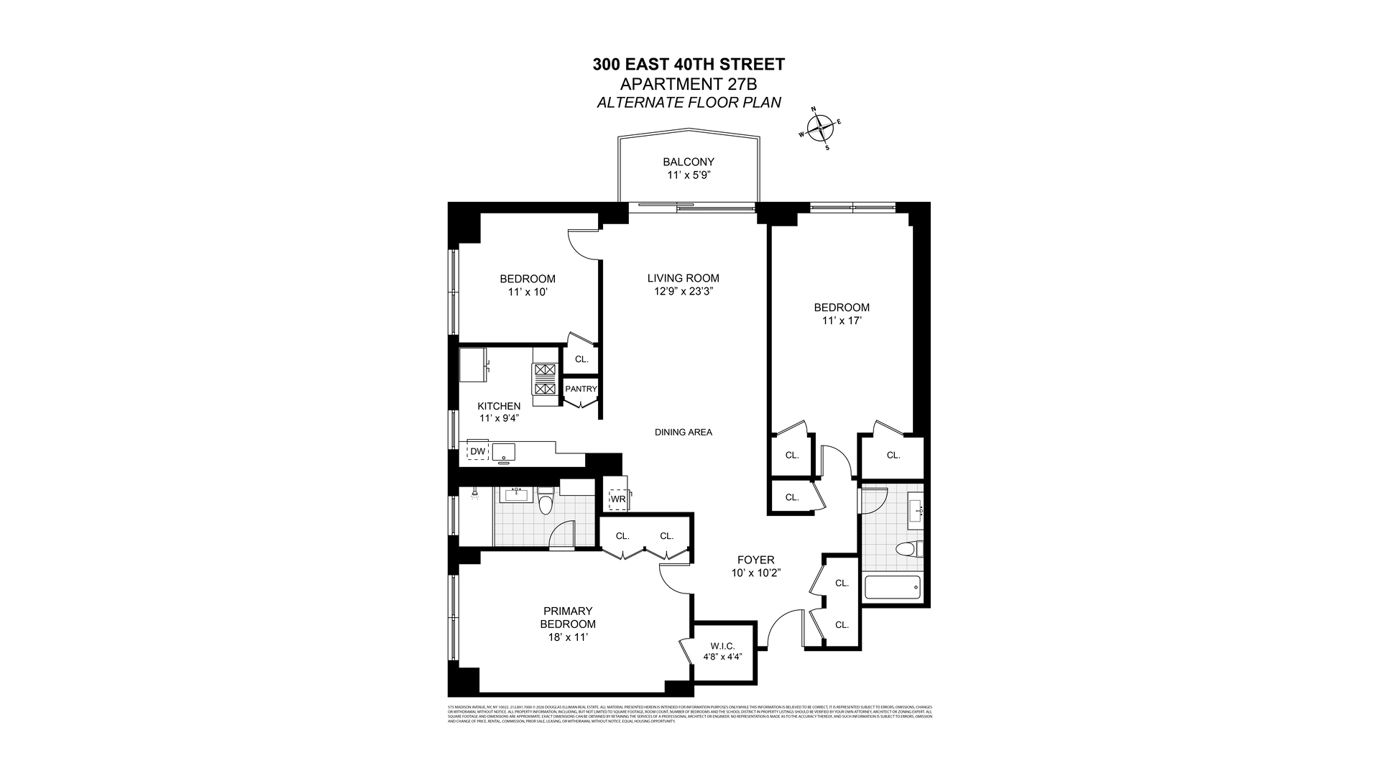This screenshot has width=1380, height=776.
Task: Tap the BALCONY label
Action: (x=688, y=162)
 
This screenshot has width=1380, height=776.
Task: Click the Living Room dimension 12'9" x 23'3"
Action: (x=683, y=291)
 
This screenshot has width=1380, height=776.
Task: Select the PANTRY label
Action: (x=581, y=389)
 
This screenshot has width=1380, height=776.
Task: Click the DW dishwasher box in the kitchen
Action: (x=477, y=451)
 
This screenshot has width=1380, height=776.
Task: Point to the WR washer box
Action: (x=617, y=499)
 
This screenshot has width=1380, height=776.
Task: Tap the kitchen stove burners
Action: (x=544, y=379)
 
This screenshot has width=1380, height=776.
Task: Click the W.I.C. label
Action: (x=722, y=646)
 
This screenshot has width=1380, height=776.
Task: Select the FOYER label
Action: (x=755, y=560)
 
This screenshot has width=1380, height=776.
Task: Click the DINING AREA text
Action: (x=683, y=432)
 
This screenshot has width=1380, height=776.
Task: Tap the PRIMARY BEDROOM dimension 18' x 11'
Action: (x=567, y=637)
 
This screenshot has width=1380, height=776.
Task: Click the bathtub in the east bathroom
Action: (x=892, y=588)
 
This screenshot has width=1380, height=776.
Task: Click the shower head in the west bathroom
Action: (x=474, y=494)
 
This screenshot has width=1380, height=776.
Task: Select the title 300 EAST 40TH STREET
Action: (x=688, y=64)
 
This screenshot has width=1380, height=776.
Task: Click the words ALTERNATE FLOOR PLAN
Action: (x=689, y=103)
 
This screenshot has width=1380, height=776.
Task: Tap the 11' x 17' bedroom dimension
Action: (x=841, y=320)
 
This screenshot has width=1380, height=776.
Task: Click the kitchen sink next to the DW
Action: (x=503, y=451)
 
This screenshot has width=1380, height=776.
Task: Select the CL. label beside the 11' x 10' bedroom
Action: (x=581, y=359)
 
